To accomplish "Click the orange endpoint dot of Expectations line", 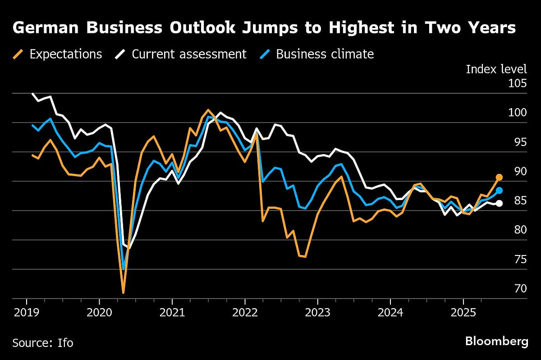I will (x=499, y=178).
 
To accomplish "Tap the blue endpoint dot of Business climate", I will (x=499, y=191).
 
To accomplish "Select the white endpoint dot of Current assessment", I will (x=499, y=203).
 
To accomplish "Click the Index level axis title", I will (x=496, y=69).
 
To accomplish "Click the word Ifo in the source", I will (x=64, y=343).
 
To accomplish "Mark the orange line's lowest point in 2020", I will (x=123, y=293).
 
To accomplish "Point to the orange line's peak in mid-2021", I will (x=208, y=110).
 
